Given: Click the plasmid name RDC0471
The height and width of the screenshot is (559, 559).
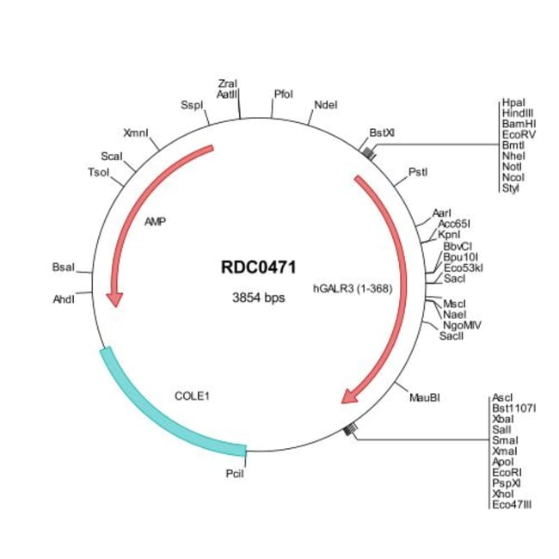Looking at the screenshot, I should tap(258, 267).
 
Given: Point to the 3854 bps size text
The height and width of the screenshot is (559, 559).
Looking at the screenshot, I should tap(258, 298).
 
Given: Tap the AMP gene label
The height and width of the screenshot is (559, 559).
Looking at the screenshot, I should tap(156, 221).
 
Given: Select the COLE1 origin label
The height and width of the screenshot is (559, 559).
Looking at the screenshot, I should tap(193, 396).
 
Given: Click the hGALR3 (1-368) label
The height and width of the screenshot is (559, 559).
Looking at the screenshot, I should tap(353, 289).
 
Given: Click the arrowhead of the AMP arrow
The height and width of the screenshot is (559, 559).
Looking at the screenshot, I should tap(114, 298).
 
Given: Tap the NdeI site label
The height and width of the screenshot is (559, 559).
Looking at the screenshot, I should tap(326, 105).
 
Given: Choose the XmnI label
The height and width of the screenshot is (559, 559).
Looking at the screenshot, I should tap(136, 133).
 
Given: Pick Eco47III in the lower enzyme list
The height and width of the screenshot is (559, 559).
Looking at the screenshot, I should tap(513, 504).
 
